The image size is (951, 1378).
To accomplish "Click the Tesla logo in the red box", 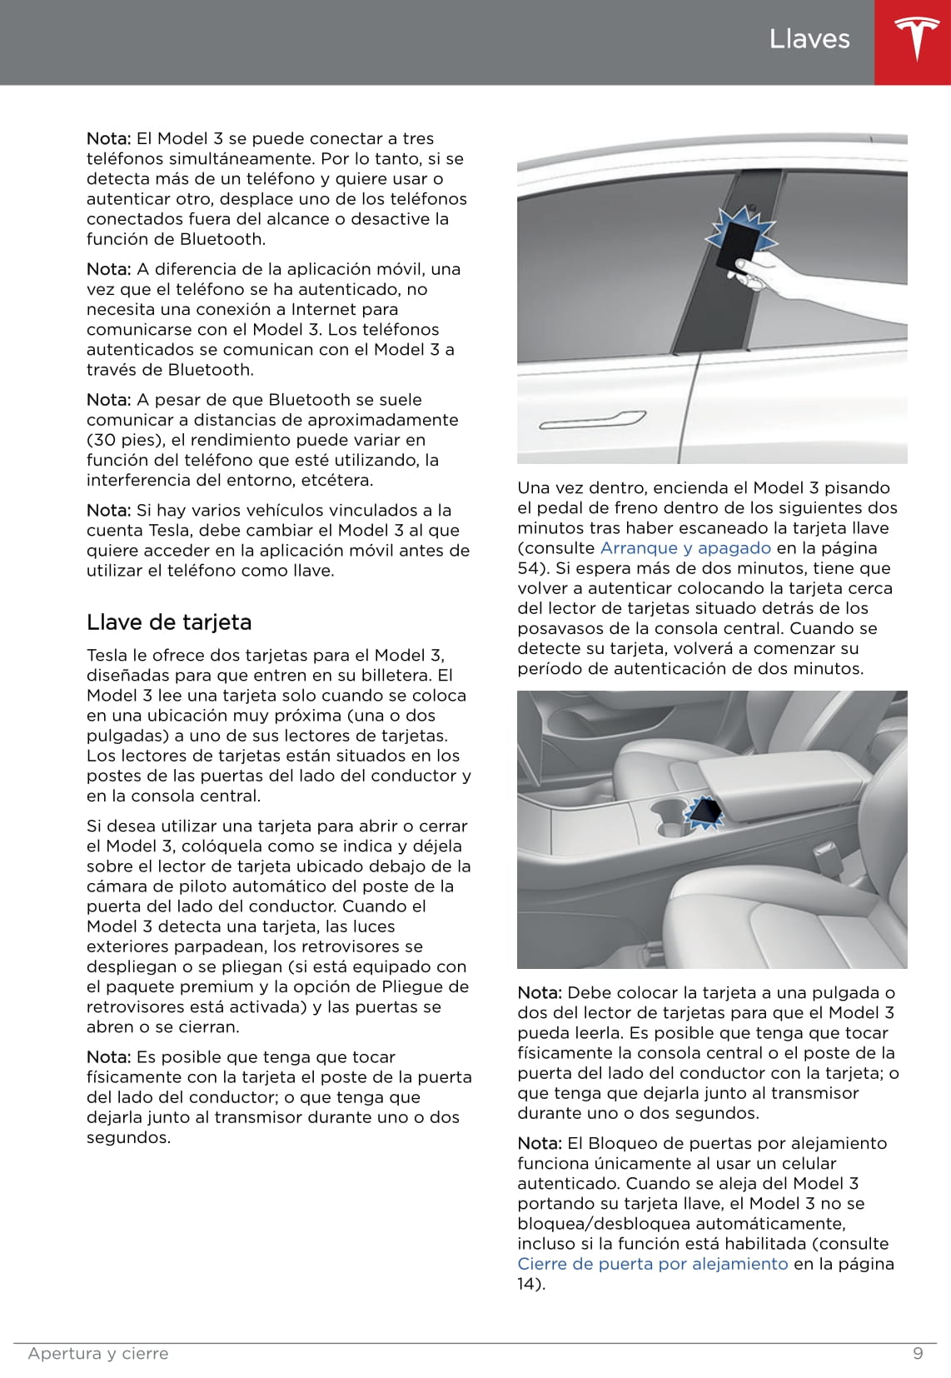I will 912,41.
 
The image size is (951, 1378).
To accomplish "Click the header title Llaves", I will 809,39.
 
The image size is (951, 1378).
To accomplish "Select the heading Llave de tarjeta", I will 169,622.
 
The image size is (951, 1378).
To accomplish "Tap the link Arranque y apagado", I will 685,548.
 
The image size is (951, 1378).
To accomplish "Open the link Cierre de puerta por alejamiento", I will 652,1264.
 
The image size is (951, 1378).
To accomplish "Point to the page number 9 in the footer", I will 918,1353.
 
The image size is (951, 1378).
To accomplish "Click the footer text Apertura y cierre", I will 98,1354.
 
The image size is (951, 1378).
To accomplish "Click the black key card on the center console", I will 703,811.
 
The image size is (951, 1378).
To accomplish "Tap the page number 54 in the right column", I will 528,568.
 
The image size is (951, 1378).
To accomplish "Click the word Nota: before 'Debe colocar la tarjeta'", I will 540,993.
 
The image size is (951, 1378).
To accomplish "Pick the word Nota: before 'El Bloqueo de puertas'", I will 540,1144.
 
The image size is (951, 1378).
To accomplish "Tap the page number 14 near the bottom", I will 528,1284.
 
